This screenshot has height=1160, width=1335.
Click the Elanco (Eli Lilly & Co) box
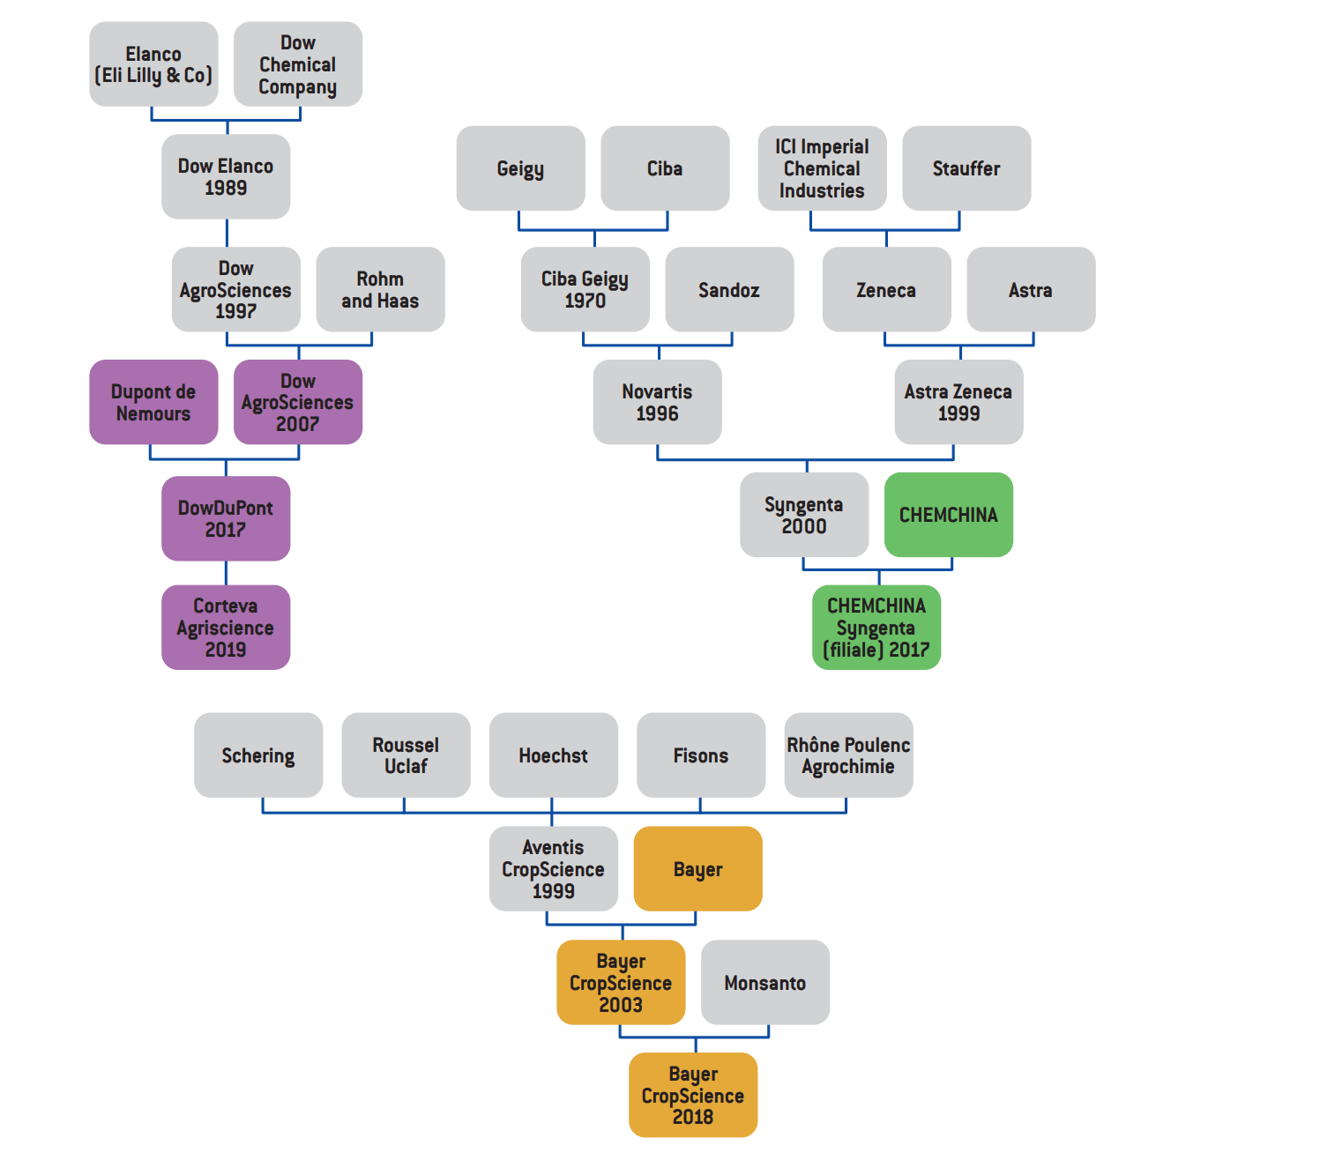(153, 64)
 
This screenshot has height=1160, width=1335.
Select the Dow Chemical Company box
(298, 64)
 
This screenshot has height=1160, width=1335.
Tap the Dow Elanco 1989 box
(226, 176)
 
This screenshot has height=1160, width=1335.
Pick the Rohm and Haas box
(380, 289)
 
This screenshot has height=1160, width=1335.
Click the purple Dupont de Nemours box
(153, 402)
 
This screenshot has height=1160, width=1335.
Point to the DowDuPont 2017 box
(226, 518)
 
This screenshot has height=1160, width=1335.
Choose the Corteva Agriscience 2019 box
(226, 628)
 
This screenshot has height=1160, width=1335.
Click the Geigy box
(520, 168)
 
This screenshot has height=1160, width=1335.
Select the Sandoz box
(729, 289)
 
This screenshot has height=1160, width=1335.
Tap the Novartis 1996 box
(657, 402)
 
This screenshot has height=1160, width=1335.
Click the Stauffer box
(966, 168)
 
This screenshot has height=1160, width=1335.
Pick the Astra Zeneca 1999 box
(958, 402)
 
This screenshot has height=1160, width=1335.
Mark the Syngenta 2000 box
(804, 515)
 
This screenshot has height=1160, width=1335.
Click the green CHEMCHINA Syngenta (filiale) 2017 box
(876, 628)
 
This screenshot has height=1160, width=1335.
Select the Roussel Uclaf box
(406, 755)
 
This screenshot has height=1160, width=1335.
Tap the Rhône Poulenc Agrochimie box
(848, 755)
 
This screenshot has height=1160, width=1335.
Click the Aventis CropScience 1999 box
(553, 868)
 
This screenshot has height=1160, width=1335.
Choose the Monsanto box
(765, 982)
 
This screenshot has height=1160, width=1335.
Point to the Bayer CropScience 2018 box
(693, 1095)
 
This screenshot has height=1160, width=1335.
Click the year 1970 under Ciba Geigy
(585, 301)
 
